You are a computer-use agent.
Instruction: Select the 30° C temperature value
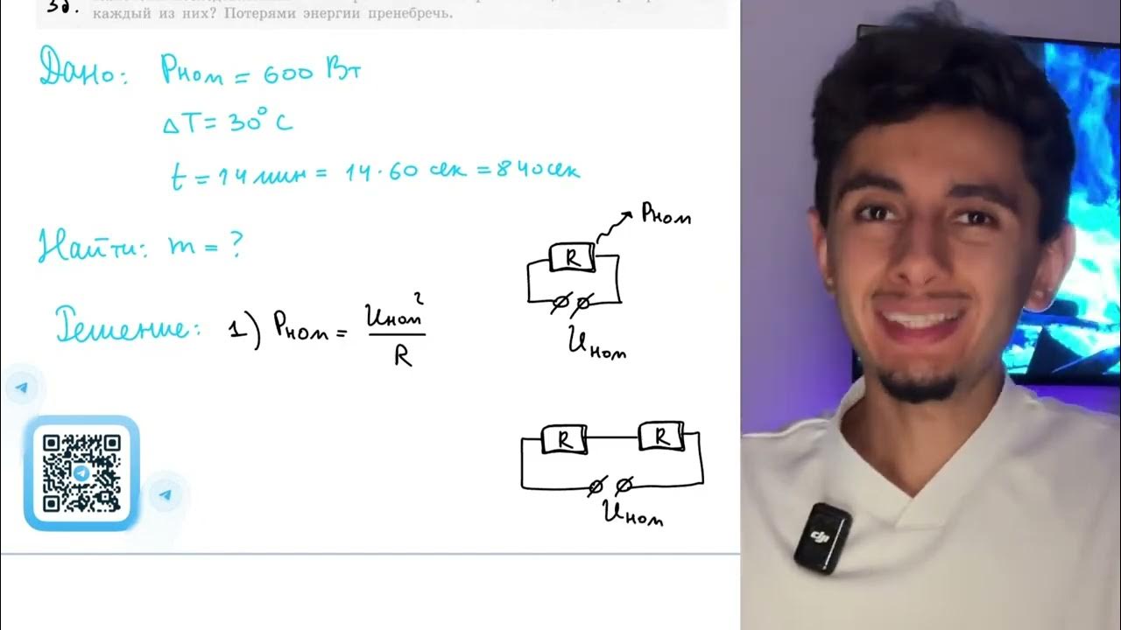tap(258, 122)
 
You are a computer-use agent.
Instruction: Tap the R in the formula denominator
tap(403, 357)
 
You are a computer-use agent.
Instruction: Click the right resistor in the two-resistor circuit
tap(663, 436)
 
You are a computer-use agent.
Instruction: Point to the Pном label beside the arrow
tap(666, 213)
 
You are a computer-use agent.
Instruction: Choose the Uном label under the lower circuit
tap(632, 514)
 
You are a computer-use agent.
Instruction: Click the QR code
tap(81, 472)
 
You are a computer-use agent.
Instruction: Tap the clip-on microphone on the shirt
tap(821, 535)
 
